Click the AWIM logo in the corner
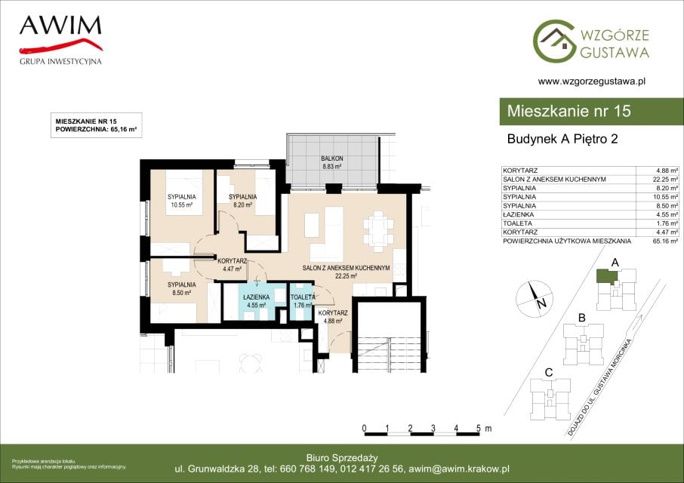pyautogui.click(x=60, y=40)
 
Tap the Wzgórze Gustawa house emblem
pyautogui.click(x=553, y=41)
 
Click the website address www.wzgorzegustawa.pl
pyautogui.click(x=592, y=81)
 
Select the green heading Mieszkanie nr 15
pyautogui.click(x=568, y=111)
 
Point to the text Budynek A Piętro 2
pyautogui.click(x=562, y=139)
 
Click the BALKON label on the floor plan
pyautogui.click(x=332, y=158)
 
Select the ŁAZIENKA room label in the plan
pyautogui.click(x=257, y=297)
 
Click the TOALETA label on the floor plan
pyautogui.click(x=303, y=297)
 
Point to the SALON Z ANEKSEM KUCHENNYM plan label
pyautogui.click(x=346, y=268)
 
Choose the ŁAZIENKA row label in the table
pyautogui.click(x=518, y=214)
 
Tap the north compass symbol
pyautogui.click(x=535, y=298)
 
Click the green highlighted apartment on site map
pyautogui.click(x=606, y=276)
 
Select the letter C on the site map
pyautogui.click(x=549, y=373)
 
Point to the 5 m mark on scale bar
pyautogui.click(x=479, y=429)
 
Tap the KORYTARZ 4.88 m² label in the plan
pyautogui.click(x=333, y=317)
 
